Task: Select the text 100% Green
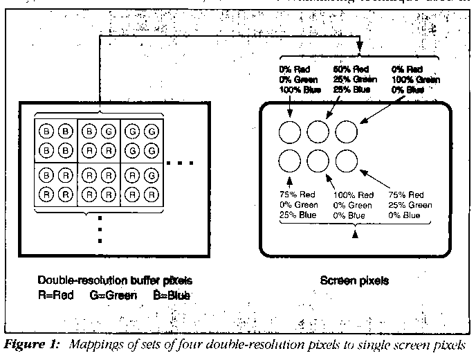(414, 80)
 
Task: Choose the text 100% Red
(358, 195)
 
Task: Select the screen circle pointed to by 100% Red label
(318, 162)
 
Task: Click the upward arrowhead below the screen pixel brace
(356, 235)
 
